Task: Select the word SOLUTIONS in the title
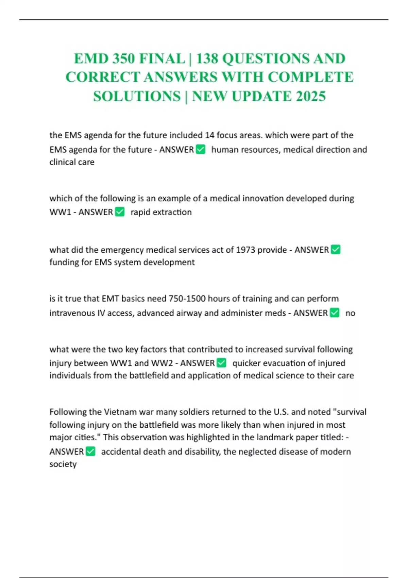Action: tap(137, 96)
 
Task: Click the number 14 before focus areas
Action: tap(209, 135)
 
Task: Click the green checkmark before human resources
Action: tap(201, 149)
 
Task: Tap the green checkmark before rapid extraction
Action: tap(120, 212)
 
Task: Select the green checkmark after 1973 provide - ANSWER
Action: tap(336, 250)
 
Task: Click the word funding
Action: tap(64, 262)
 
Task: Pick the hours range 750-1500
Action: tap(187, 299)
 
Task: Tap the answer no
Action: tap(350, 313)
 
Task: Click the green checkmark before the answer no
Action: tap(335, 312)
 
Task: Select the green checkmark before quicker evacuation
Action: tap(221, 363)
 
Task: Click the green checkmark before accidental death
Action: tap(90, 451)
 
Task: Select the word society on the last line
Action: tap(63, 464)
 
